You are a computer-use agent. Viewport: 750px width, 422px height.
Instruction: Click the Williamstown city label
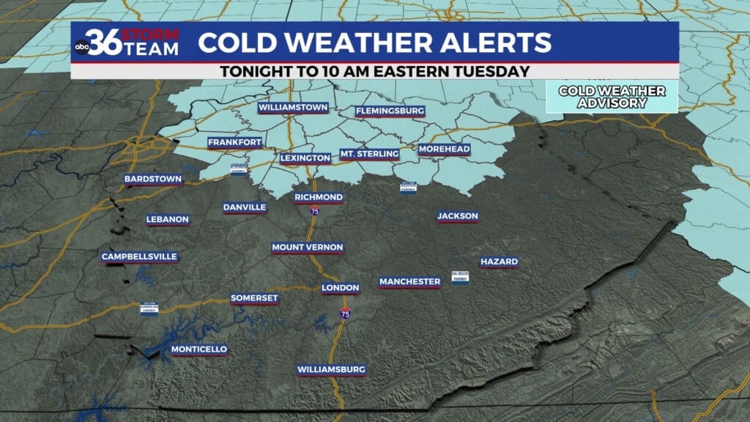(292, 108)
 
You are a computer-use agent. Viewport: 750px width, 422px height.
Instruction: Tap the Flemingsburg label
(390, 111)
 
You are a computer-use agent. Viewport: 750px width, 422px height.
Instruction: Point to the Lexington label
(305, 158)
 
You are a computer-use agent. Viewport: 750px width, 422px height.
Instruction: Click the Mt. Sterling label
(369, 154)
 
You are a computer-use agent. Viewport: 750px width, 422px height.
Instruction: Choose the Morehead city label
(444, 149)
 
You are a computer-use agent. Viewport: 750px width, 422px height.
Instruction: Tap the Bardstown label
(152, 179)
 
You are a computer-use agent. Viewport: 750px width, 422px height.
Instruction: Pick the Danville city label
(245, 207)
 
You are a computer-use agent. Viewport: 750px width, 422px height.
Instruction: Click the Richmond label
(319, 198)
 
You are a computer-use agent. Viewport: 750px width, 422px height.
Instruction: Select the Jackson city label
(458, 216)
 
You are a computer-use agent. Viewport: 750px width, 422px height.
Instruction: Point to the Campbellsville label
(139, 256)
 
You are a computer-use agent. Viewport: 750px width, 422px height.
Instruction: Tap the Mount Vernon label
(308, 248)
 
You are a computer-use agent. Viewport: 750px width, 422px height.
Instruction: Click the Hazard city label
(499, 262)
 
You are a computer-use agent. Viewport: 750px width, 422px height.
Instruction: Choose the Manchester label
(410, 281)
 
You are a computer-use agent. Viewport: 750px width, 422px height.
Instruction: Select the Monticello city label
(199, 349)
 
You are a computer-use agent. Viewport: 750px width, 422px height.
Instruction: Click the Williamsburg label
(331, 369)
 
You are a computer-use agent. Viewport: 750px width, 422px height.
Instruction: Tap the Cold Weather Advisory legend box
(612, 97)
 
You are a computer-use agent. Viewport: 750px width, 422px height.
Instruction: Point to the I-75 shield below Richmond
(314, 212)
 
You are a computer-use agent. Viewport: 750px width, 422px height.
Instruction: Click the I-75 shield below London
(344, 314)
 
